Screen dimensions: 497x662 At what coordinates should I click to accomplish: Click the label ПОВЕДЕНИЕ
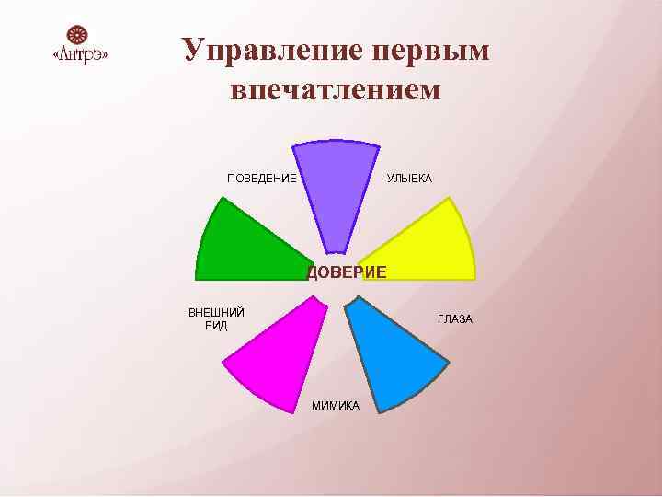pyautogui.click(x=262, y=178)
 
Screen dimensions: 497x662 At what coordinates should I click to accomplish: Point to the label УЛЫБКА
pyautogui.click(x=409, y=178)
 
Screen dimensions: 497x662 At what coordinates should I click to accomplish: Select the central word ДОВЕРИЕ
pyautogui.click(x=347, y=272)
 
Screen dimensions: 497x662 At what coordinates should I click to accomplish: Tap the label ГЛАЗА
pyautogui.click(x=455, y=319)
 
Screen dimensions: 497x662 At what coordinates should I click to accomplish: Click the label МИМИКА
pyautogui.click(x=336, y=406)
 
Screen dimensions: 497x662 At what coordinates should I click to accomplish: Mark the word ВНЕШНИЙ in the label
pyautogui.click(x=216, y=312)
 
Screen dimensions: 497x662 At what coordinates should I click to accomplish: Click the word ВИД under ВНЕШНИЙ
pyautogui.click(x=216, y=326)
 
